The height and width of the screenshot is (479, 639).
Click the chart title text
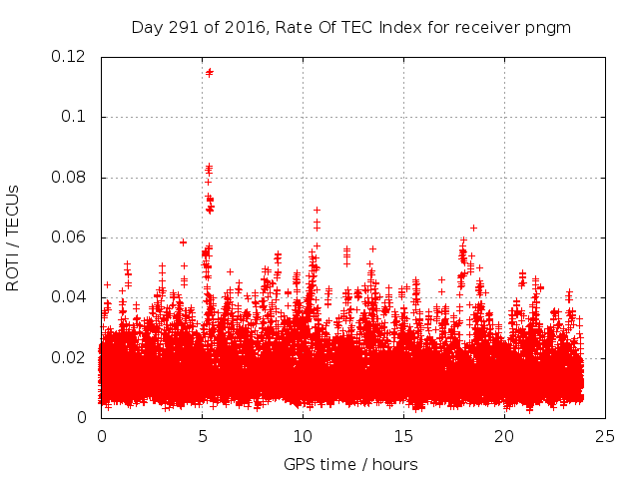[x=350, y=27]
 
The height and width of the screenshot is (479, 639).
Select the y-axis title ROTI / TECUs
[x=13, y=238]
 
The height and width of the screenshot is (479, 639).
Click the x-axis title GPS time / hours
[x=350, y=464]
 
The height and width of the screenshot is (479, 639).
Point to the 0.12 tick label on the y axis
[x=70, y=57]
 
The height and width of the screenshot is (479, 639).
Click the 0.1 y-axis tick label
[x=76, y=117]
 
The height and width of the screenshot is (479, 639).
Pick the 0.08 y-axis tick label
[x=70, y=178]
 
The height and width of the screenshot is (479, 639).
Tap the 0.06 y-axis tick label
[x=70, y=238]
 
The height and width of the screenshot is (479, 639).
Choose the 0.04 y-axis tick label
[x=70, y=297]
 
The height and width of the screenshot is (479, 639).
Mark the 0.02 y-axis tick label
[x=70, y=357]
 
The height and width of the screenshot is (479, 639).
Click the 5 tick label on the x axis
[x=202, y=436]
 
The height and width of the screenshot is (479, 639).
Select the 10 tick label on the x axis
[x=303, y=436]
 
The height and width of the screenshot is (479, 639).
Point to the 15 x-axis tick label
[x=403, y=436]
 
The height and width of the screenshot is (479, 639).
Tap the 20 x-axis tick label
[x=504, y=436]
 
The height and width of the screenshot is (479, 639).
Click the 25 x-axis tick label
[x=605, y=436]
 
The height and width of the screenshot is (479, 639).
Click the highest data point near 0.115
[x=209, y=72]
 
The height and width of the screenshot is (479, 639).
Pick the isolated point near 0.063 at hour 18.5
[x=473, y=228]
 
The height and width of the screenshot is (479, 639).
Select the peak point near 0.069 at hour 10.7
[x=317, y=210]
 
